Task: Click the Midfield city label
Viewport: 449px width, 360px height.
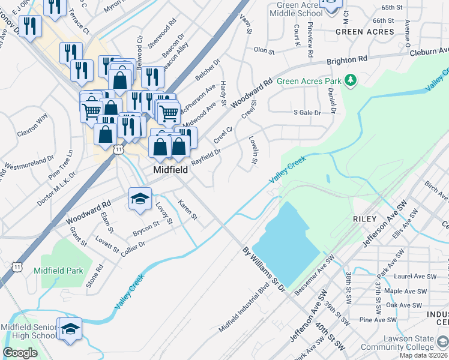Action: coord(170,170)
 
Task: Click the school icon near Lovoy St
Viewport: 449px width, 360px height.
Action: coord(140,199)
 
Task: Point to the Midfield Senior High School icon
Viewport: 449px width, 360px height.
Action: coord(70,329)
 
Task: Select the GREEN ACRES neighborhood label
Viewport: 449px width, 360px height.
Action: coord(365,32)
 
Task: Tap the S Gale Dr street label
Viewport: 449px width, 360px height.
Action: coord(307,112)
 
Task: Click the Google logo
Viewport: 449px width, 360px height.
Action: coord(20,352)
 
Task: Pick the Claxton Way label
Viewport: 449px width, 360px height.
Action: coord(32,125)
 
